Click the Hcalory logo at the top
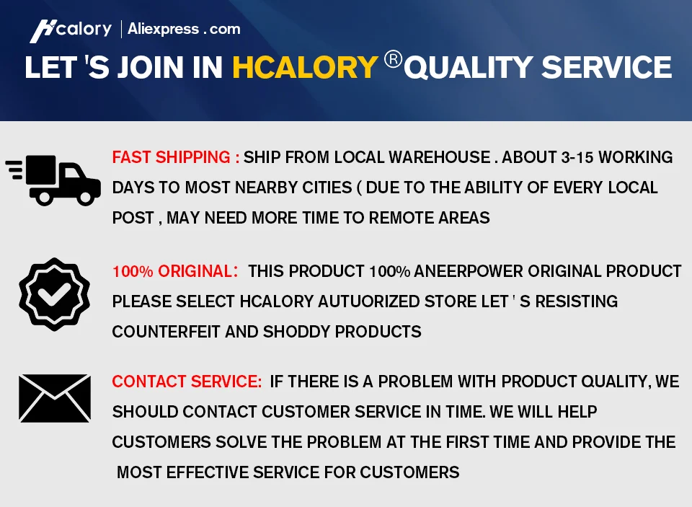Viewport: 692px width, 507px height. (x=71, y=30)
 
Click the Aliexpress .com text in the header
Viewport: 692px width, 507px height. (x=184, y=29)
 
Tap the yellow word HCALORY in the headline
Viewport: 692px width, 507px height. (x=305, y=68)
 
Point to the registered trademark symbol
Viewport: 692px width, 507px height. (x=393, y=59)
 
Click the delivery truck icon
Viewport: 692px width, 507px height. (x=54, y=180)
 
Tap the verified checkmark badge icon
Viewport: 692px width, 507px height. (x=54, y=294)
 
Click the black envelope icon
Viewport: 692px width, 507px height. (x=55, y=398)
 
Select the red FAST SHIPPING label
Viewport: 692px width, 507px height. (x=176, y=157)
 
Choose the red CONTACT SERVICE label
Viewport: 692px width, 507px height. (x=187, y=382)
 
